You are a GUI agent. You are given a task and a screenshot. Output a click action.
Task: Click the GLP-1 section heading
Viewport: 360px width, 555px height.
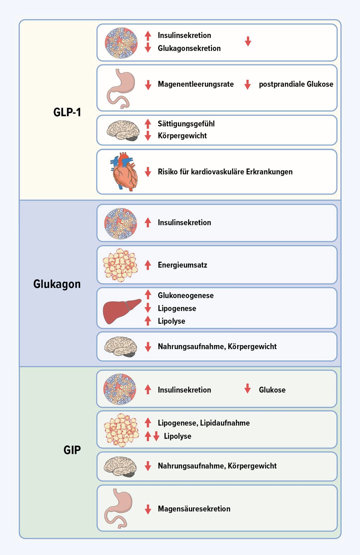tap(67, 112)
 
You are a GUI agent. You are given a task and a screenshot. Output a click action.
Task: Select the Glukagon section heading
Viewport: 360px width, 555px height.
tap(57, 284)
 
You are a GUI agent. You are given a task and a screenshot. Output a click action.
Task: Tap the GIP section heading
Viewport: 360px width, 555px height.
tap(72, 450)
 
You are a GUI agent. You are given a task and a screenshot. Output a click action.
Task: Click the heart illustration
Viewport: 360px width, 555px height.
tap(124, 172)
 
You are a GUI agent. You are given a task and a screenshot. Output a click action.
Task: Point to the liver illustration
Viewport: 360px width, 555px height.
tap(122, 311)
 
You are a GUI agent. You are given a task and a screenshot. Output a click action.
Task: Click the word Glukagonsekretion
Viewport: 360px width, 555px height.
tap(189, 48)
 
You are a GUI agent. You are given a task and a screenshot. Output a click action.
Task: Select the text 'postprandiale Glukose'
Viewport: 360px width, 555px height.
tap(296, 84)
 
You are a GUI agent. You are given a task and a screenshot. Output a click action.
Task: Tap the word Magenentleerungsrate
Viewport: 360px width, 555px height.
tap(196, 84)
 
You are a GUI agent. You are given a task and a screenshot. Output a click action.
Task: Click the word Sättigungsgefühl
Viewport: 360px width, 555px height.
tap(186, 124)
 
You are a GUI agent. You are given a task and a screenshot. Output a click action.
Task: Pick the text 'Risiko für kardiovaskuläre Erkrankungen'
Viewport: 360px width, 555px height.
tap(225, 172)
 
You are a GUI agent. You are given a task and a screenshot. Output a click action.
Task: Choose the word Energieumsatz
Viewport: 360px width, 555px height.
tap(182, 265)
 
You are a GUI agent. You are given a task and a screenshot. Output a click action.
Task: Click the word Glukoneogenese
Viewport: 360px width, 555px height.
tap(186, 295)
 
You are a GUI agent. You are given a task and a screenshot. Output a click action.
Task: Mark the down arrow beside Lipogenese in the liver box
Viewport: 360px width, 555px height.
tap(148, 308)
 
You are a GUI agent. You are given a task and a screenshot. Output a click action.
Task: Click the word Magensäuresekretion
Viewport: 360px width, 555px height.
tap(194, 509)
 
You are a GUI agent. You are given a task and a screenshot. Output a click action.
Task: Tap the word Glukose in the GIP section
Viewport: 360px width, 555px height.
tap(272, 390)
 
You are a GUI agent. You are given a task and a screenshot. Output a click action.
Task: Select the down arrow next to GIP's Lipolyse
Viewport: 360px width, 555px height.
tap(156, 436)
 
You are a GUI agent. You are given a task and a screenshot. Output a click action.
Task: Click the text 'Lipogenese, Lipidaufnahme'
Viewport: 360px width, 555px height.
tap(204, 423)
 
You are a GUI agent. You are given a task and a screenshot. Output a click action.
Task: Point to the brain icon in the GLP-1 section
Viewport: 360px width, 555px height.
tap(123, 130)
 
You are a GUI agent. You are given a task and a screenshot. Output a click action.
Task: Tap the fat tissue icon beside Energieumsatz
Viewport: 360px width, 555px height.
tap(121, 265)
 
